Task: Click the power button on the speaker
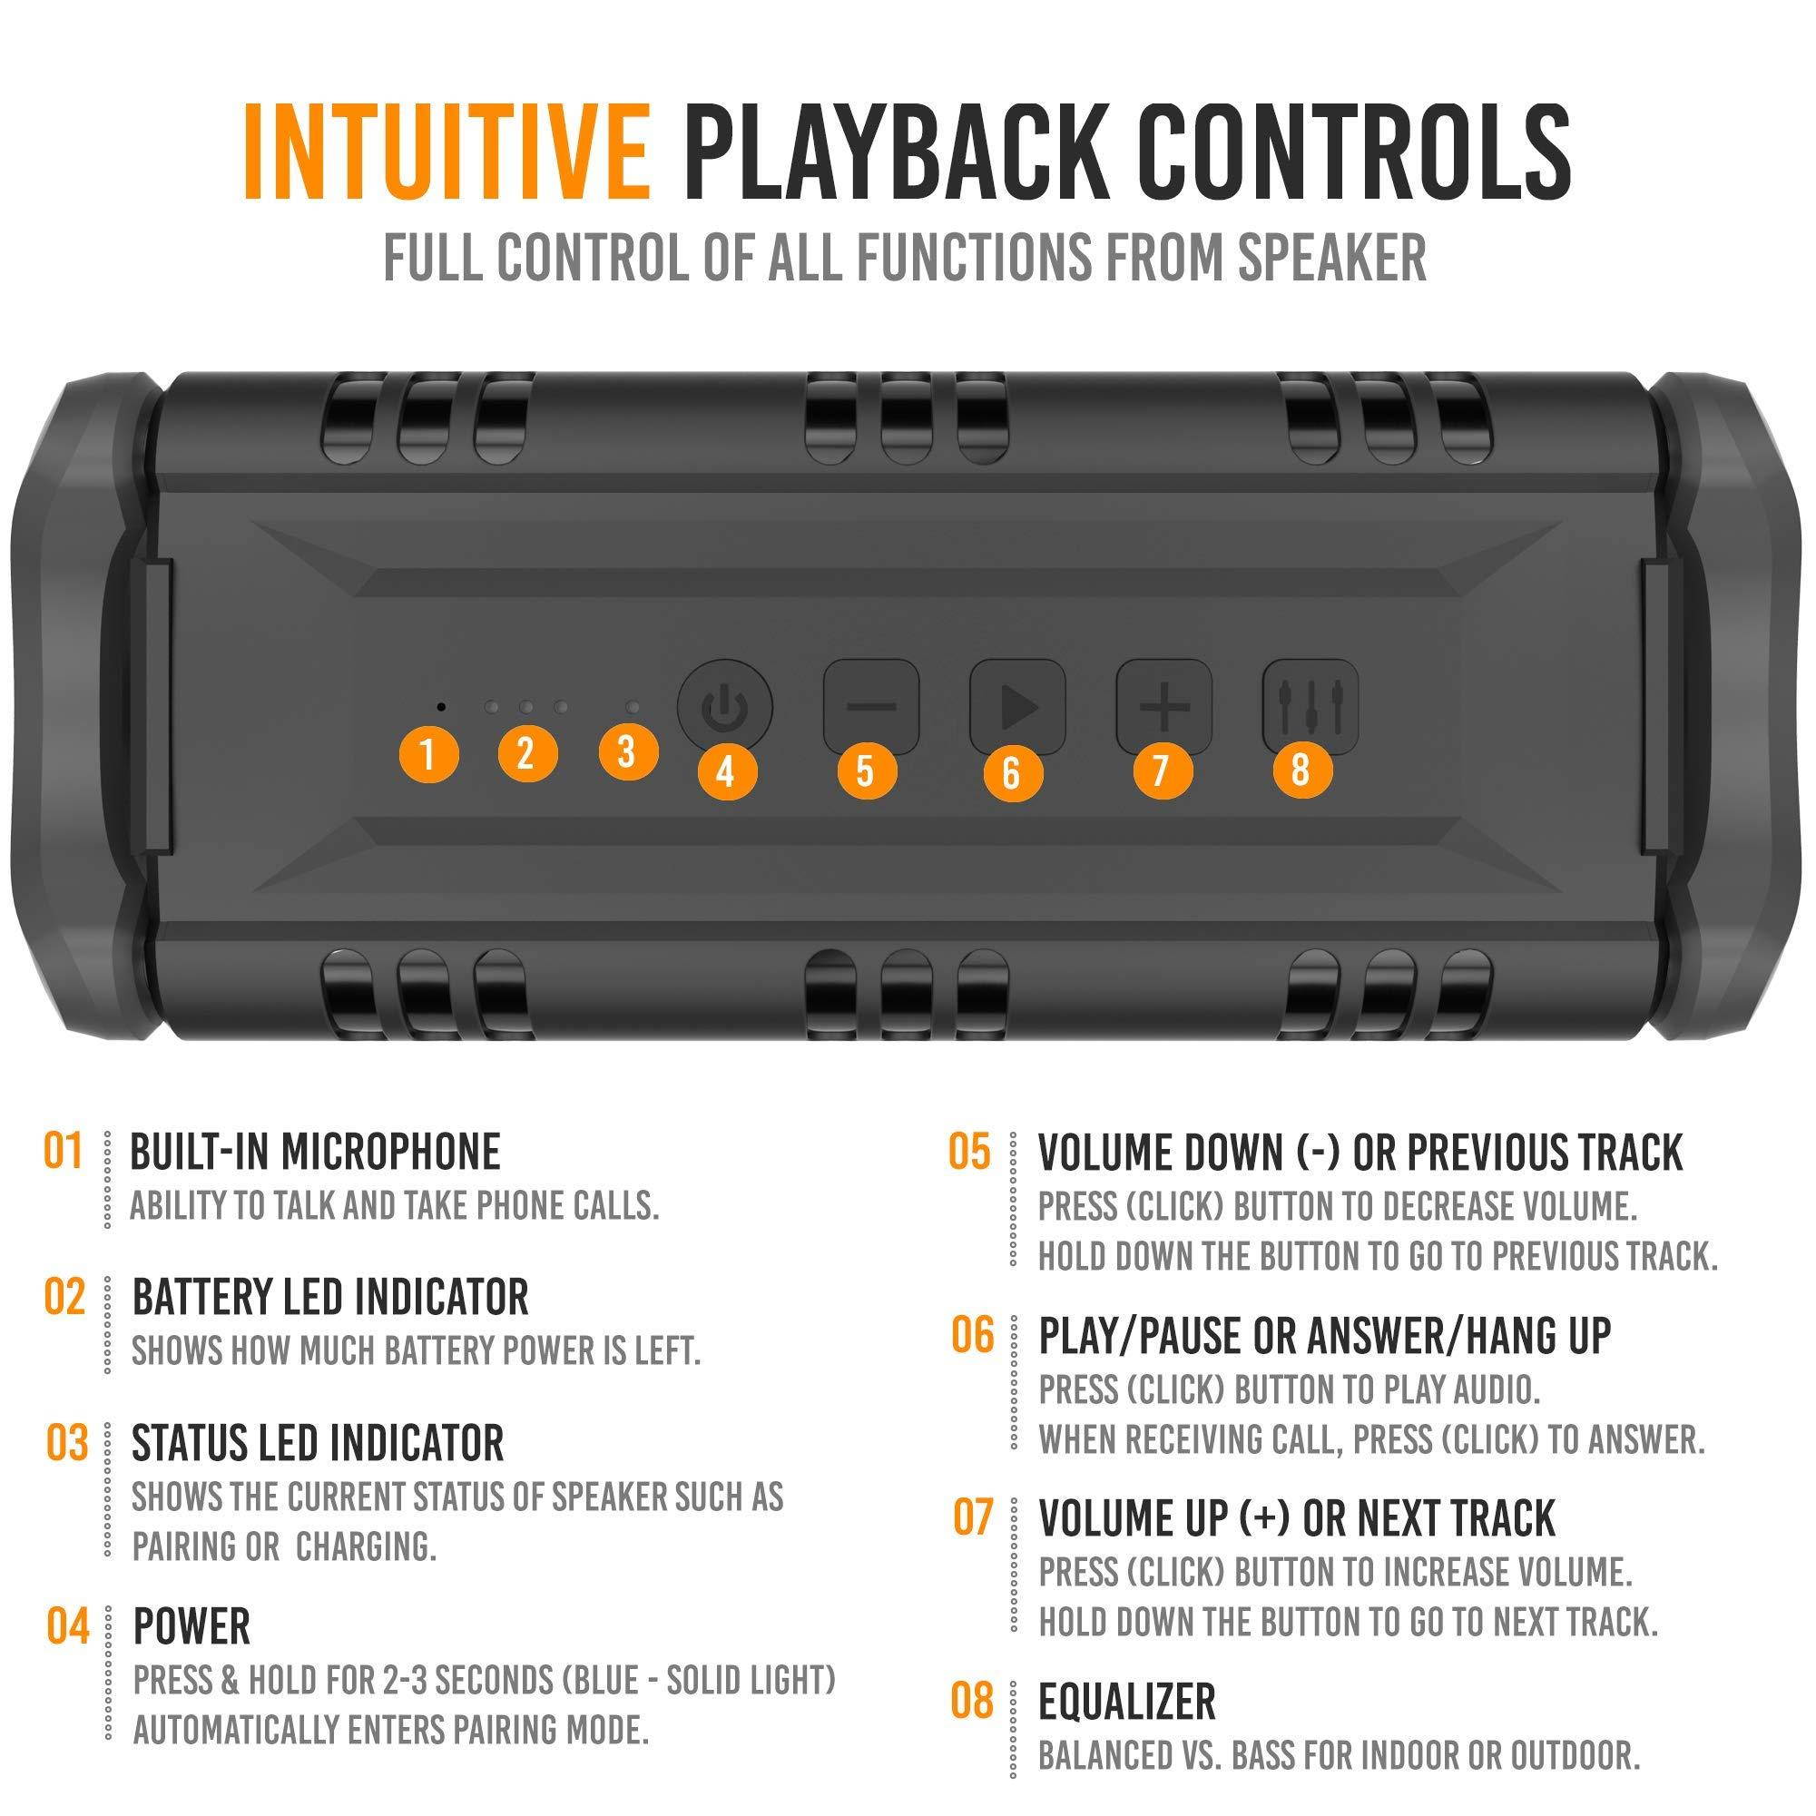coord(725,707)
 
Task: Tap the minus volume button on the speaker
coord(871,707)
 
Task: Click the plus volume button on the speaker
coord(1163,706)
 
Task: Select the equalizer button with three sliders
coord(1310,706)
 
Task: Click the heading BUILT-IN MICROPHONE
coord(315,1153)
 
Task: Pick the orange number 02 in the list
coord(64,1297)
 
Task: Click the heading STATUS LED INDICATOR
coord(318,1443)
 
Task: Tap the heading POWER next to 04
coord(191,1626)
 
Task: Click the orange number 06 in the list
coord(972,1335)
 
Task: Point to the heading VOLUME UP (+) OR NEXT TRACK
coord(1296,1518)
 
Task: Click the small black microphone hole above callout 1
coord(442,704)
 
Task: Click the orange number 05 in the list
coord(969,1152)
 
